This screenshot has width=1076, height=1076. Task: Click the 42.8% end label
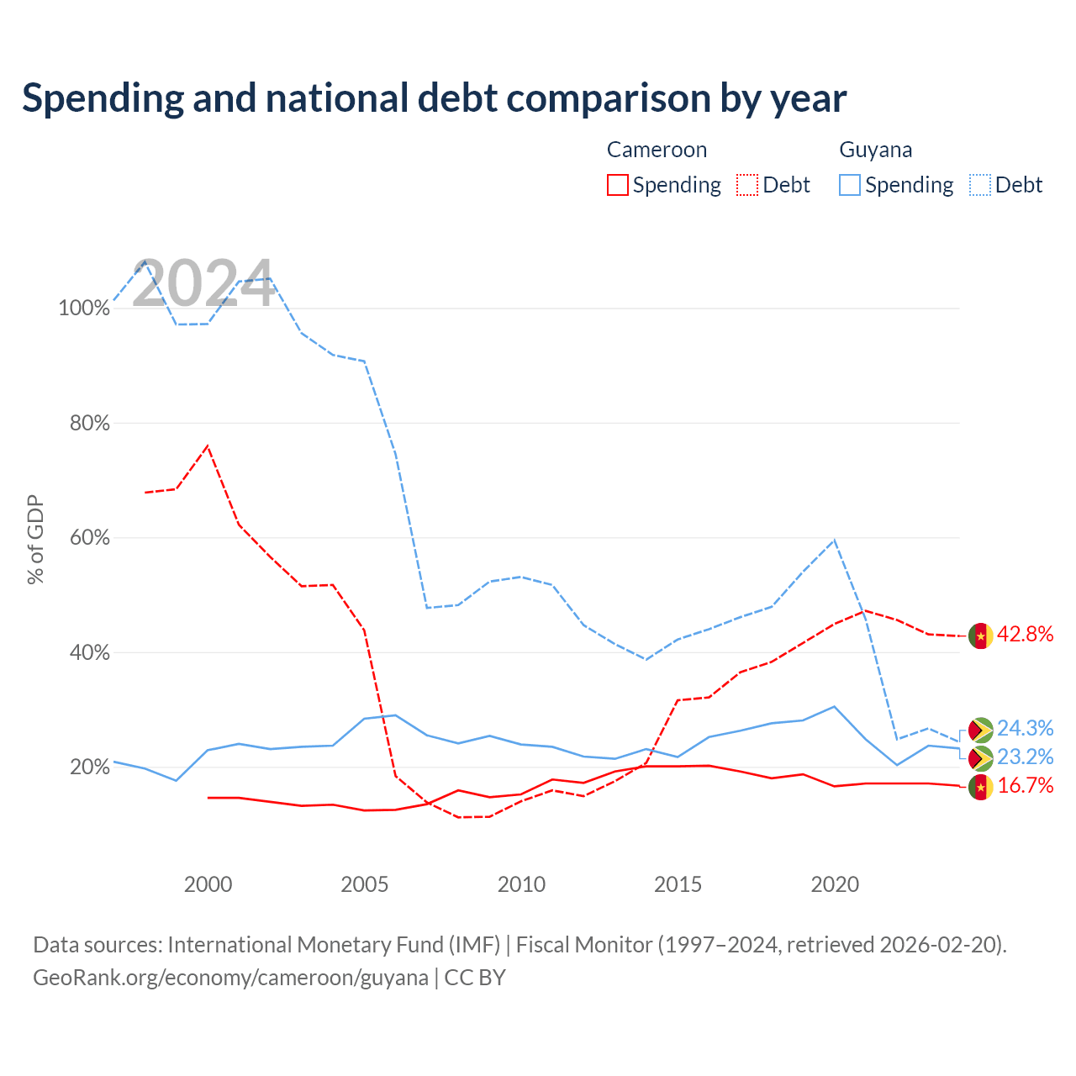(1025, 634)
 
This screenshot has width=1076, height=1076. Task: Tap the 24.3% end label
(1025, 728)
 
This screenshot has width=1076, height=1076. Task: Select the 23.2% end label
(1025, 757)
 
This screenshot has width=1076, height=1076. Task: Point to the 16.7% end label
(1025, 785)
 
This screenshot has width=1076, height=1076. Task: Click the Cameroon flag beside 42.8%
(980, 636)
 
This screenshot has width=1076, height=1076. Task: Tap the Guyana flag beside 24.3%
(980, 730)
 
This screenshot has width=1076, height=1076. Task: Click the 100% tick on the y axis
(84, 308)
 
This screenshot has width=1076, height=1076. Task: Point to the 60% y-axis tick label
(89, 537)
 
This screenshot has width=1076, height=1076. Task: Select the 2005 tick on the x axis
(364, 884)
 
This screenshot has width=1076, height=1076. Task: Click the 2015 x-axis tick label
(678, 884)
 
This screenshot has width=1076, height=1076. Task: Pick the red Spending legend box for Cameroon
(617, 185)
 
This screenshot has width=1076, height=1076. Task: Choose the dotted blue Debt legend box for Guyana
(979, 185)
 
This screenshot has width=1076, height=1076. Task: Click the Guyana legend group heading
(875, 150)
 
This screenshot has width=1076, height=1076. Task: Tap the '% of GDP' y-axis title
(35, 539)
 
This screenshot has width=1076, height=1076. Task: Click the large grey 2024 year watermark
(203, 282)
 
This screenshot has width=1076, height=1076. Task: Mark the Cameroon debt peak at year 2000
(208, 446)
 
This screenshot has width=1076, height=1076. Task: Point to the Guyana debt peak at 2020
(834, 540)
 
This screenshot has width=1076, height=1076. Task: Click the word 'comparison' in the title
(608, 98)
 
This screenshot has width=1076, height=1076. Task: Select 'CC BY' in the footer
(475, 977)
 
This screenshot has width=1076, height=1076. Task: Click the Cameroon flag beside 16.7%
(980, 788)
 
